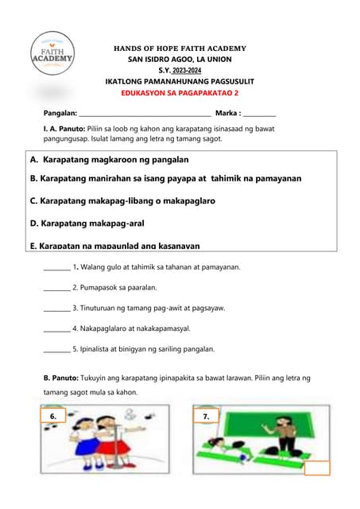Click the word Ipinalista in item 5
(96, 348)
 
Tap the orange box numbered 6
(52, 416)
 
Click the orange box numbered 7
(206, 416)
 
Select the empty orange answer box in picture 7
(316, 468)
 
